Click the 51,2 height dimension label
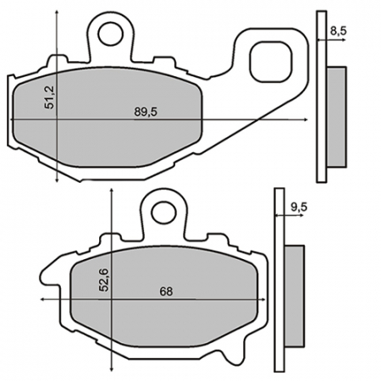[50, 102]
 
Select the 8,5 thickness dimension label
[338, 31]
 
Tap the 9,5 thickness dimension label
[299, 206]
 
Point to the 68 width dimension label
[166, 292]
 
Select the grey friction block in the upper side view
[336, 117]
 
